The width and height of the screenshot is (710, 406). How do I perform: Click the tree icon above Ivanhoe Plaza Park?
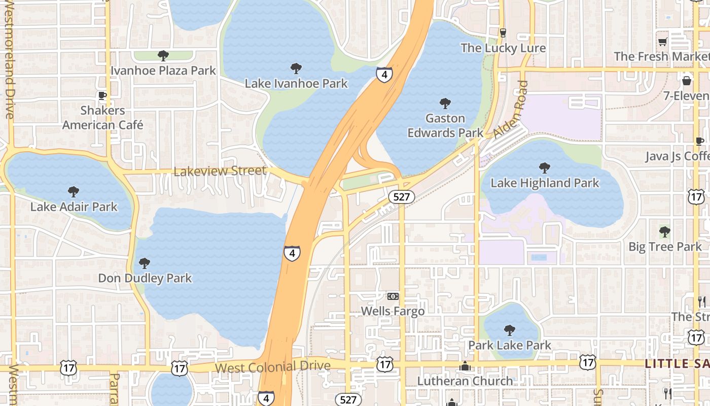[163, 55]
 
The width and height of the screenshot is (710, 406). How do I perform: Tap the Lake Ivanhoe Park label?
[296, 83]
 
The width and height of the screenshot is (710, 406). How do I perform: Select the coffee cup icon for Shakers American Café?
[102, 95]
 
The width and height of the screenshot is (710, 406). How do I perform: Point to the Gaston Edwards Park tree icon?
[445, 104]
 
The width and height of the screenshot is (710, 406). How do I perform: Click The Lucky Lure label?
[503, 48]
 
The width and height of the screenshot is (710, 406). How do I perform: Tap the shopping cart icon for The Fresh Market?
[662, 42]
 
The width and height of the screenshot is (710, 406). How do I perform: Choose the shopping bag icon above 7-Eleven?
[687, 81]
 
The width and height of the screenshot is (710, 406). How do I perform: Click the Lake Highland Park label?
[545, 183]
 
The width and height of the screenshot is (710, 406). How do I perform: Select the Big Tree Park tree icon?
[664, 232]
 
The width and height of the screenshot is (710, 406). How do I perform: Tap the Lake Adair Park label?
[74, 207]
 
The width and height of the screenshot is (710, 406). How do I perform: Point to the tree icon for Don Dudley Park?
[145, 263]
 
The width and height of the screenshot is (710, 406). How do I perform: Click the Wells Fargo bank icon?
[393, 296]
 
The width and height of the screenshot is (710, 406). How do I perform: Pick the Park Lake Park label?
[509, 345]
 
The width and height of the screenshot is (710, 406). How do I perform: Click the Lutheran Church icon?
[465, 366]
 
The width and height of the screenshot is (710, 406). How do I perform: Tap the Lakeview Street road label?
[220, 172]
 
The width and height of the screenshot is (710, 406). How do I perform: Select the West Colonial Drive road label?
[273, 366]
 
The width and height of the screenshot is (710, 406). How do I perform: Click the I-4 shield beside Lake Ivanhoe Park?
[384, 75]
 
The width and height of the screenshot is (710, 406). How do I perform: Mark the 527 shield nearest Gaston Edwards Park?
[401, 196]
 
